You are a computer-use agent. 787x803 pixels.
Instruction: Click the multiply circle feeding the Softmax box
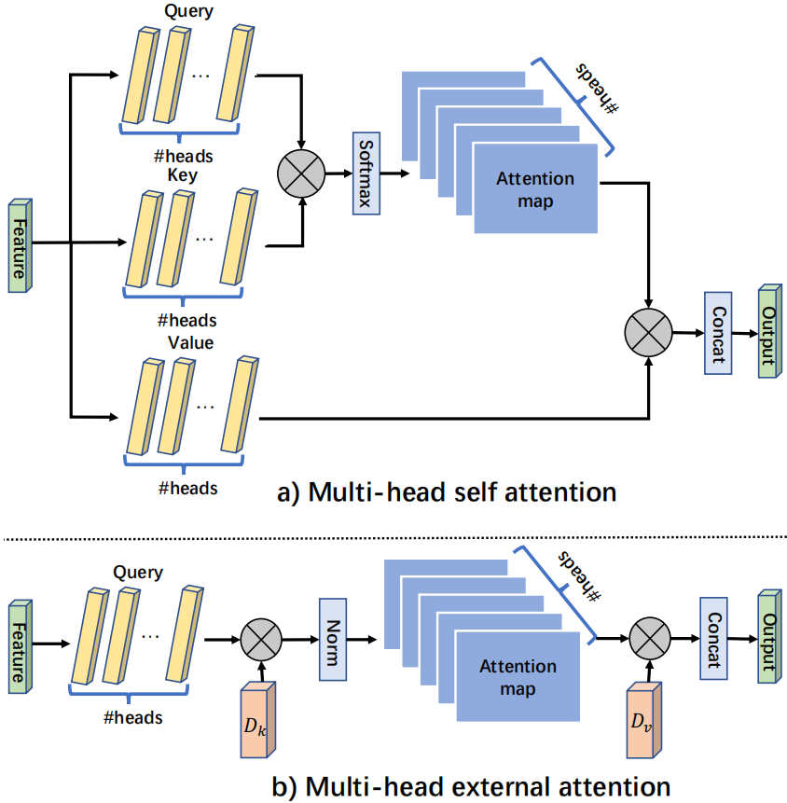[300, 173]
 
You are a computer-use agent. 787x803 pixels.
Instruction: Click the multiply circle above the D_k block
[263, 642]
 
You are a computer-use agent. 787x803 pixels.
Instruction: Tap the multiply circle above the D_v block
[650, 640]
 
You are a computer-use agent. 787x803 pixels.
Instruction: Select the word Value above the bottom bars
[190, 343]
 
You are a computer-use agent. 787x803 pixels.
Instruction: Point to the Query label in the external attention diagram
[138, 573]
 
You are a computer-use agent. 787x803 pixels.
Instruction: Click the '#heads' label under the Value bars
[188, 487]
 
